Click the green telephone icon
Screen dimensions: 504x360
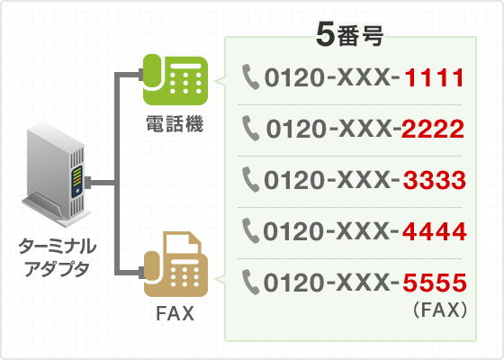click(x=175, y=79)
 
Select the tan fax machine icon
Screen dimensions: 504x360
click(x=175, y=264)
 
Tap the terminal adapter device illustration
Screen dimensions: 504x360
click(x=57, y=175)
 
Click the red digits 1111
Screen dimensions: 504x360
click(x=434, y=77)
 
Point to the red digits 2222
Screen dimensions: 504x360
click(x=433, y=129)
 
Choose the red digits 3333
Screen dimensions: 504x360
click(x=434, y=180)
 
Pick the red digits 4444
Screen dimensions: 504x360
click(x=434, y=231)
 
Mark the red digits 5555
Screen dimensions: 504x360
click(x=434, y=283)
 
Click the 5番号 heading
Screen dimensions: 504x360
click(x=350, y=35)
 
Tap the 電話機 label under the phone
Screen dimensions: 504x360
click(x=175, y=124)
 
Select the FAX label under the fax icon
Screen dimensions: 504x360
click(x=175, y=313)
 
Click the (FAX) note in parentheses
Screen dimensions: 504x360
click(x=440, y=310)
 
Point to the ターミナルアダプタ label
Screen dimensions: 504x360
click(x=57, y=257)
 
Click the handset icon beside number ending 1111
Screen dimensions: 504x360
click(x=250, y=76)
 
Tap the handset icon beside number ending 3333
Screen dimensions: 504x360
click(x=250, y=179)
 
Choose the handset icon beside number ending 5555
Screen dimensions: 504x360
click(x=250, y=282)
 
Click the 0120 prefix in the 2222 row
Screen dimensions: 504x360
click(x=295, y=129)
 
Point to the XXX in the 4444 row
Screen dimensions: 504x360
click(x=364, y=231)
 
